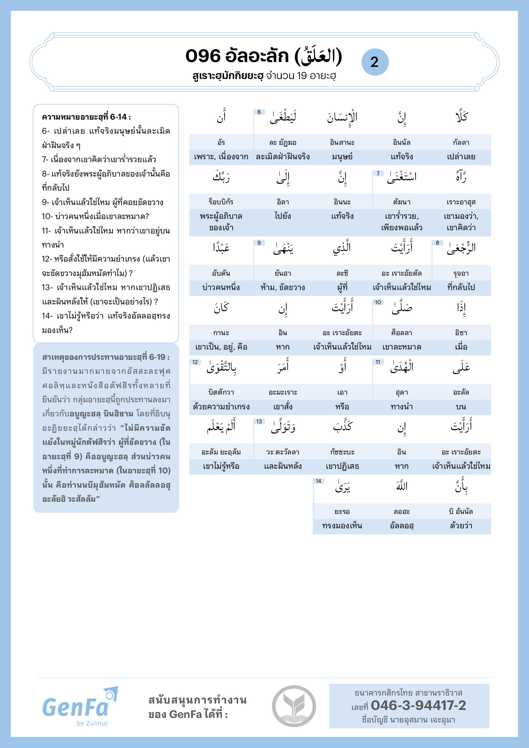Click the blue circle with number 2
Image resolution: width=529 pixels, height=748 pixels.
pos(375,62)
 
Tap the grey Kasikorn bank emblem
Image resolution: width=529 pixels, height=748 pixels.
pos(294,706)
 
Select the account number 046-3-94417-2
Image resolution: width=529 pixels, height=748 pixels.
pos(418,705)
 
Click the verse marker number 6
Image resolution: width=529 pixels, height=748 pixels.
pos(259,112)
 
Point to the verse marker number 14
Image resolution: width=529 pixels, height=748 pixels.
pos(318,481)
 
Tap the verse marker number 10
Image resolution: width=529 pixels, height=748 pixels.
pos(378,302)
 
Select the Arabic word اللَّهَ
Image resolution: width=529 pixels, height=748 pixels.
pos(402,486)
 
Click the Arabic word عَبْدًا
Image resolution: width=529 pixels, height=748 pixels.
pos(221,248)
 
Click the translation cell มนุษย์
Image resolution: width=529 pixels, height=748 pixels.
pos(342,157)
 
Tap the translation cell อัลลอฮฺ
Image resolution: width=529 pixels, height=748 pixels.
pos(402,526)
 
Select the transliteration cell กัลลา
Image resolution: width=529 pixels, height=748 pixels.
pos(461,142)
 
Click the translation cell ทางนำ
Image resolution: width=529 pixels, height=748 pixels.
pos(402,406)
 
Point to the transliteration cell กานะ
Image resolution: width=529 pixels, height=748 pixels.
pos(221,333)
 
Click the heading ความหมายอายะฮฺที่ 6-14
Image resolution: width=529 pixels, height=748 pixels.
pos(86,117)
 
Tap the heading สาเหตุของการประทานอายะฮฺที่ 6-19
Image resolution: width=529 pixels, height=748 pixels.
pos(106,357)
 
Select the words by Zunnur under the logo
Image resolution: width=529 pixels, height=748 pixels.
pos(92,723)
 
